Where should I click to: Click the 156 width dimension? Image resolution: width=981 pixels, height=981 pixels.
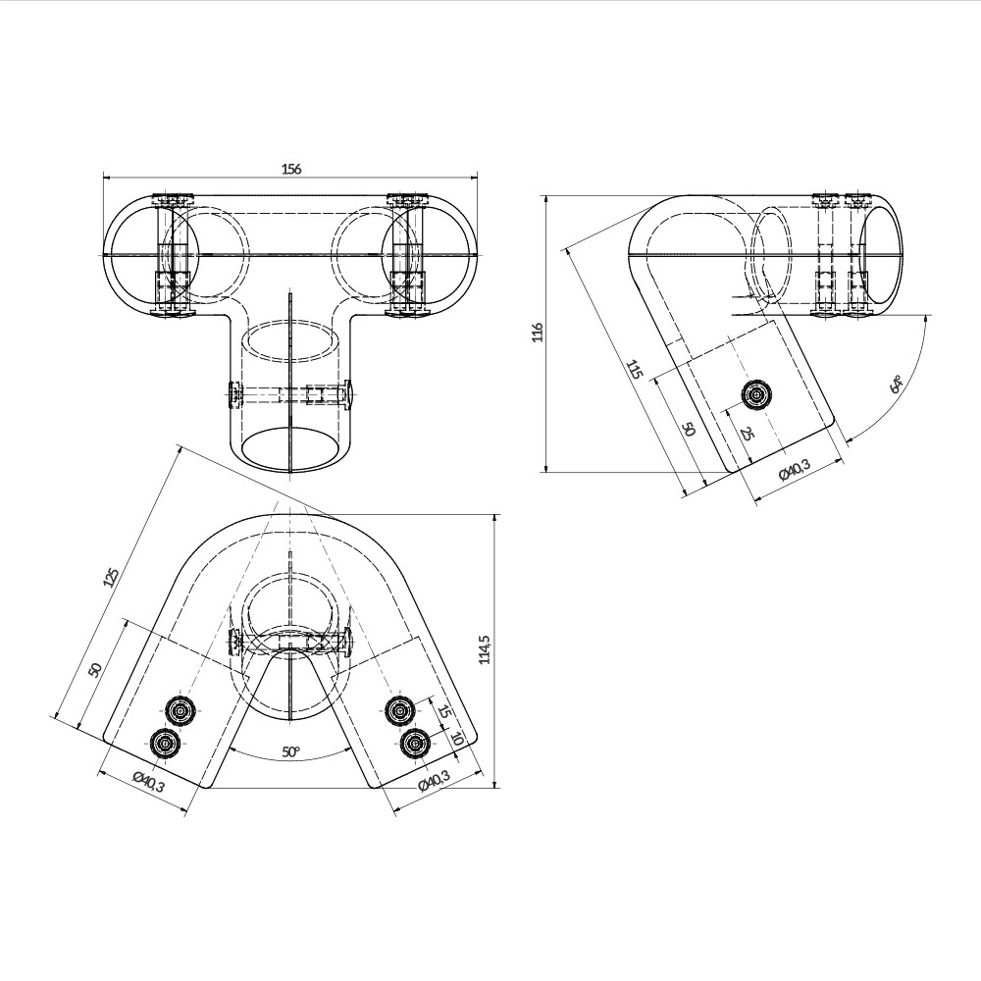(x=291, y=169)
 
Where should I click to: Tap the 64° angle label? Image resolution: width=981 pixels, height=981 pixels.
(x=896, y=384)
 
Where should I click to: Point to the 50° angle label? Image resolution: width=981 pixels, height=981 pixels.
(x=290, y=751)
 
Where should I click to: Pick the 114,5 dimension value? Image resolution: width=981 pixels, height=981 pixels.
(x=484, y=649)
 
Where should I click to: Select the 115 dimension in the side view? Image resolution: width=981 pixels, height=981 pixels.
(x=634, y=370)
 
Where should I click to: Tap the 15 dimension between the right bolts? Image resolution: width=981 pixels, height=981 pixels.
(x=443, y=711)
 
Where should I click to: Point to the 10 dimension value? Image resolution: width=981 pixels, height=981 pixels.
(x=456, y=738)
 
